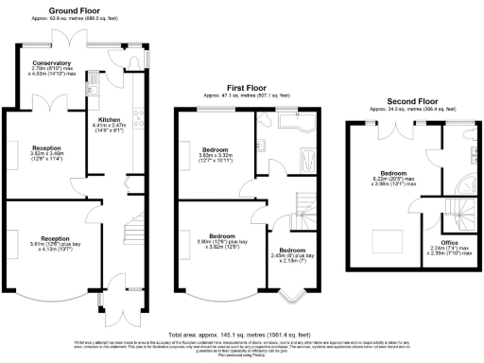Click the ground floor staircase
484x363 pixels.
pos(131,227)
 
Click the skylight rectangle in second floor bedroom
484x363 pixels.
pos(385,237)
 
